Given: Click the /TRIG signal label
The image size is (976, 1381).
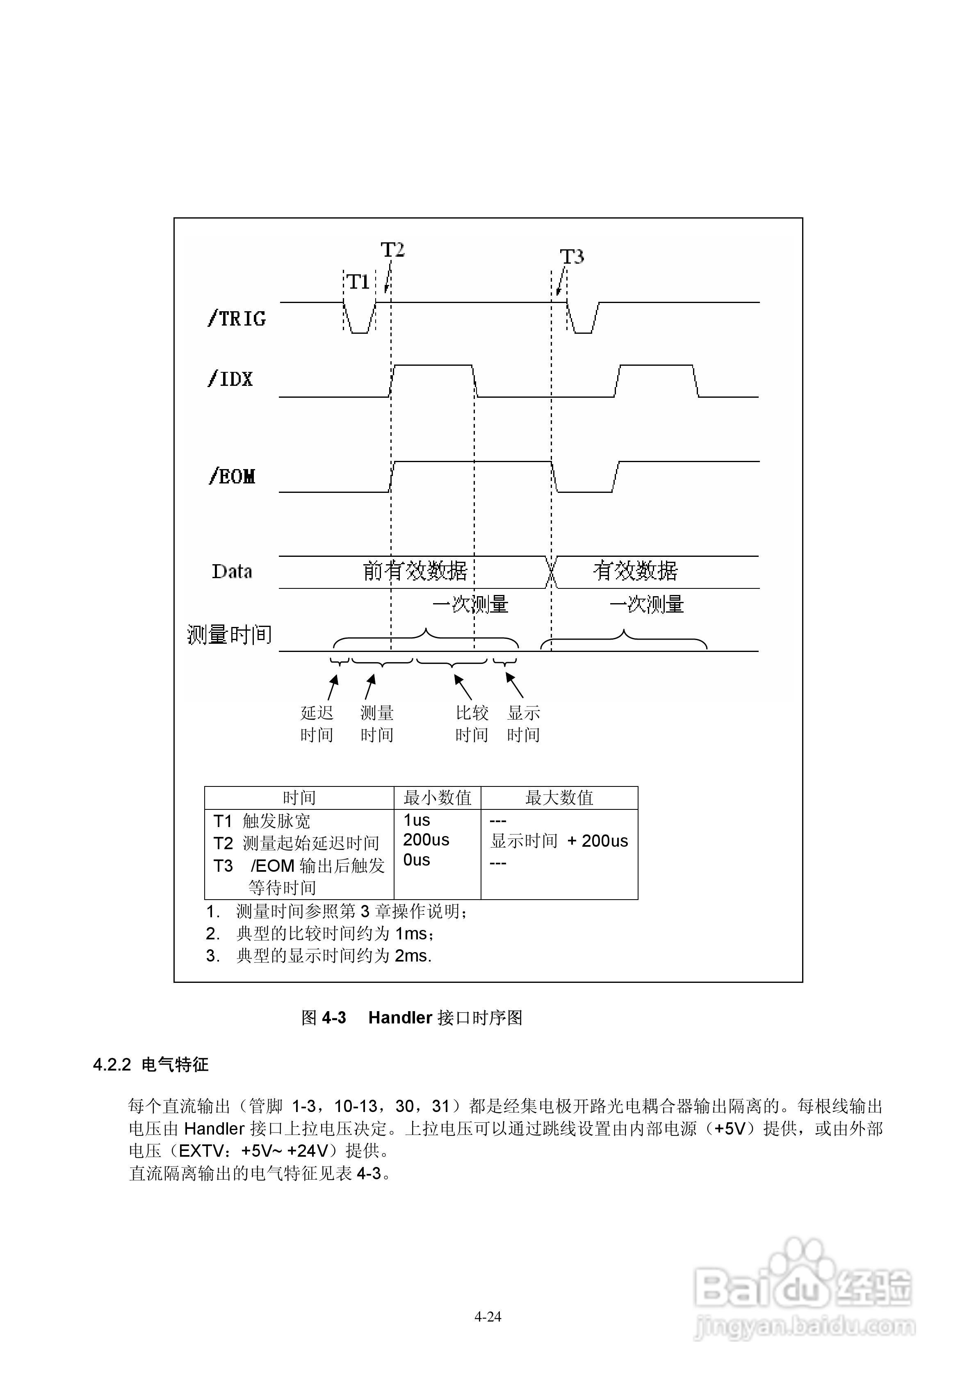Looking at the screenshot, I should click(x=237, y=318).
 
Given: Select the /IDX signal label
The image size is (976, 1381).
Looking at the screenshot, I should click(x=230, y=379).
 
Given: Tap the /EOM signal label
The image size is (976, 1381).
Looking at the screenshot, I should click(x=232, y=476).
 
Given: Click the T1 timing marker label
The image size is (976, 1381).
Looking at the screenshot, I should click(x=359, y=282).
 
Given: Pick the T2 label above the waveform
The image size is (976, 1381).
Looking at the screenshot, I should click(x=392, y=250).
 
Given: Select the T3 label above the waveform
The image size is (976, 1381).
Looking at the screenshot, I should click(x=572, y=257).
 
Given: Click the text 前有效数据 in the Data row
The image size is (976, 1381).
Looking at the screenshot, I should click(x=415, y=570).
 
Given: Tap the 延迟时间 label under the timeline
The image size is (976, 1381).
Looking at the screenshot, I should click(x=317, y=724).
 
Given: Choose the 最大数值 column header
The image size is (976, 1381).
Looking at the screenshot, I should click(x=559, y=798).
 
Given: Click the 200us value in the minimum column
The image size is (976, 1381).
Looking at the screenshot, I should click(x=426, y=840).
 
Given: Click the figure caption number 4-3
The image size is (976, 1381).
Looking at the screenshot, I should click(x=334, y=1018).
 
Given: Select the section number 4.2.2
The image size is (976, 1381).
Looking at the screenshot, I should click(x=112, y=1064).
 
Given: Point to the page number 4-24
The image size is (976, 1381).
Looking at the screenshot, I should click(x=488, y=1317).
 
